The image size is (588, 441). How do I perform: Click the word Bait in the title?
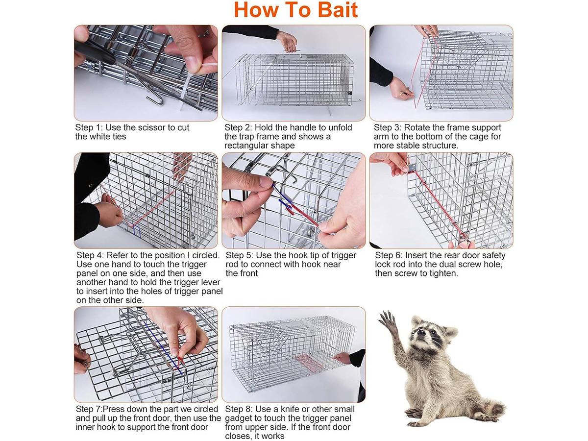338,10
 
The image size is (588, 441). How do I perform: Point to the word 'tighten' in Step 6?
443,273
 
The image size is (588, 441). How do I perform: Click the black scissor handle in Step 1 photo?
97,52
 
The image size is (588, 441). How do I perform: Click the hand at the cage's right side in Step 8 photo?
343,358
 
